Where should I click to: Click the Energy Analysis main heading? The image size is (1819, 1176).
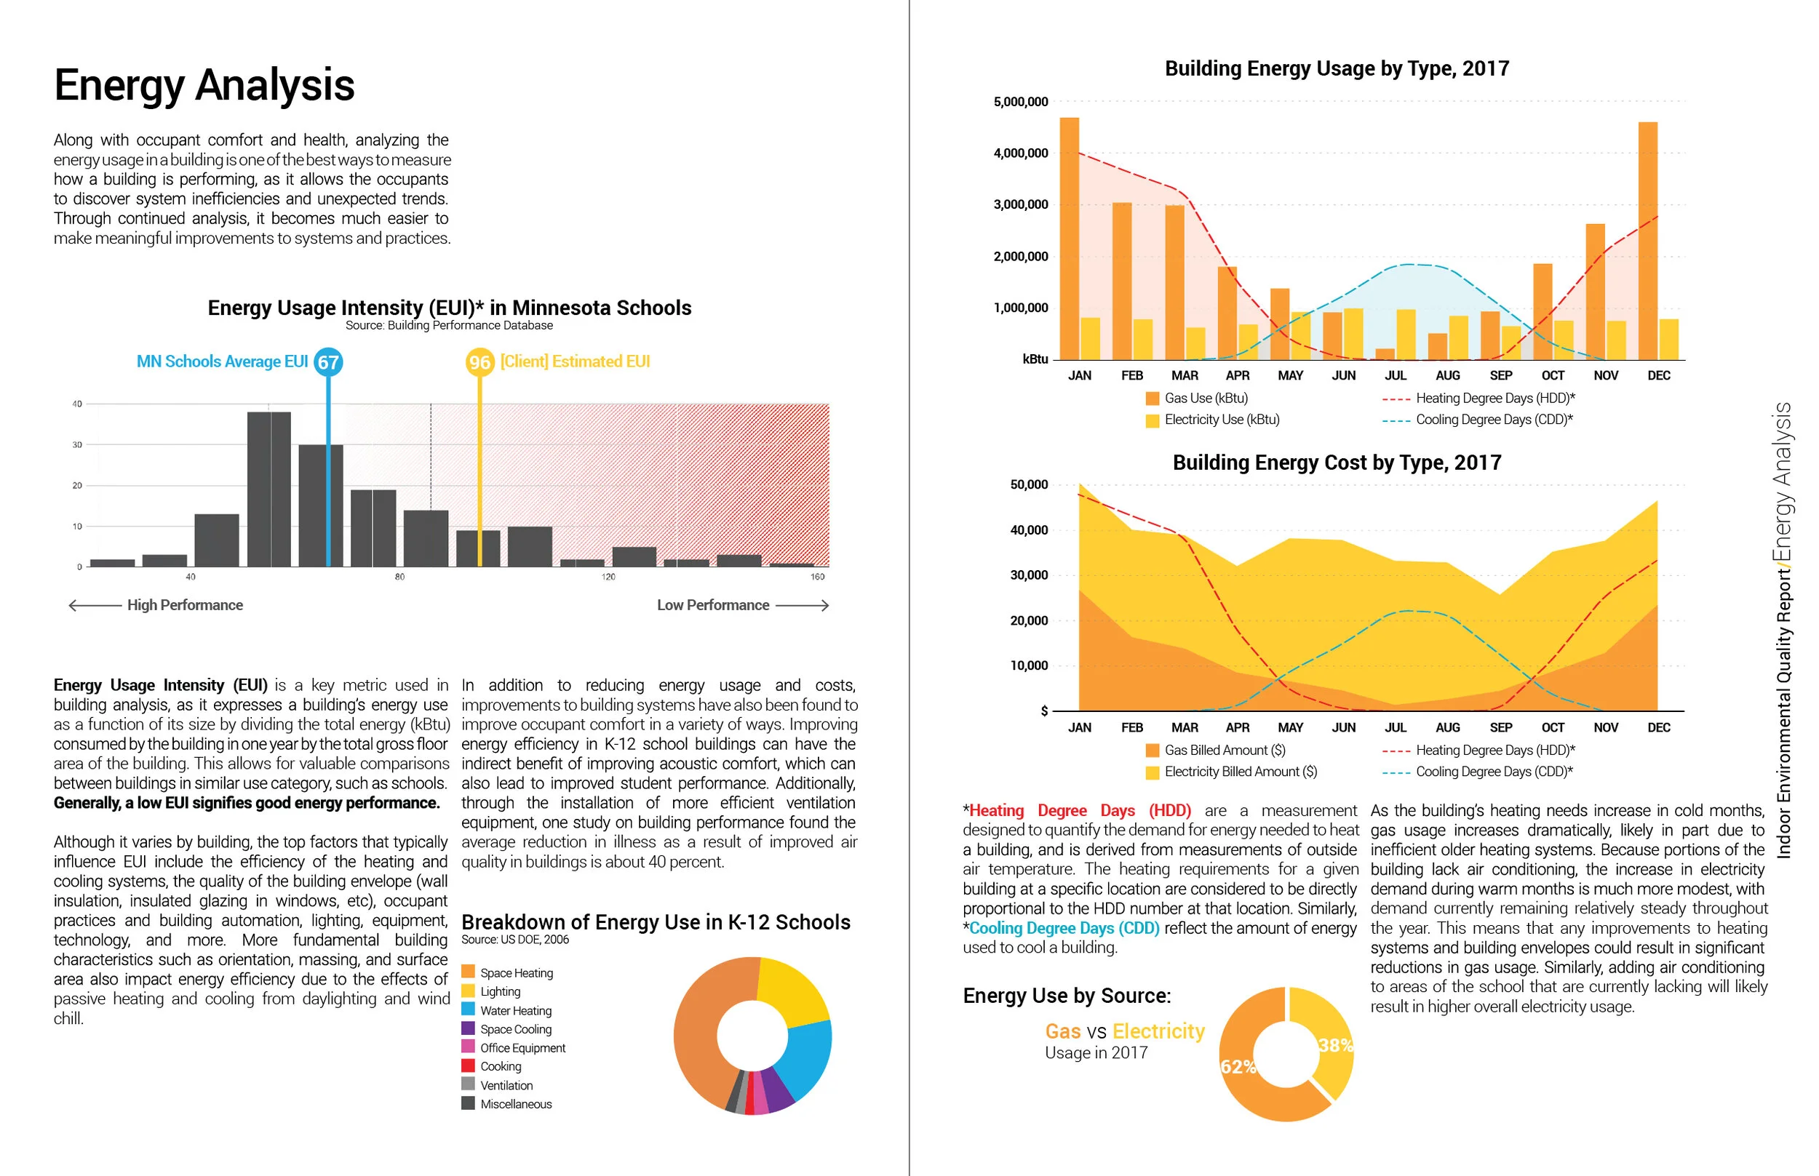point(204,85)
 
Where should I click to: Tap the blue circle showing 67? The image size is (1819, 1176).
point(328,362)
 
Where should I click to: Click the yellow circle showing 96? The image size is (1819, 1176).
point(479,362)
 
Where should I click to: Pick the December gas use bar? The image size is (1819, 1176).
point(1648,241)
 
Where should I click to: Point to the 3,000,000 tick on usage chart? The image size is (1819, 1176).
point(1020,204)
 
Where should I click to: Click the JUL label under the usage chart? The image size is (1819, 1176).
point(1395,376)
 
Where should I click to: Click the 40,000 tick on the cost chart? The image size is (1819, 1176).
point(1028,530)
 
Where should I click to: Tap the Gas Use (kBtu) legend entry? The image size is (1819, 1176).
point(1205,399)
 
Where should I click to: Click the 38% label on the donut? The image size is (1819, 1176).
point(1334,1045)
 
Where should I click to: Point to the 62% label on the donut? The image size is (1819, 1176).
point(1238,1067)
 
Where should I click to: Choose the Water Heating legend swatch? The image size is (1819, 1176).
point(469,1009)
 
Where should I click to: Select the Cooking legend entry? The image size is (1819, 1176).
point(501,1067)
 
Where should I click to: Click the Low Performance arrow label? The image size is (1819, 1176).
point(713,606)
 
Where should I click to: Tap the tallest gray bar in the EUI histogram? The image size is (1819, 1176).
point(269,489)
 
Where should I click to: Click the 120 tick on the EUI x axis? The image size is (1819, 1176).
point(608,577)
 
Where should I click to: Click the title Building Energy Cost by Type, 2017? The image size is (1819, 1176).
point(1336,463)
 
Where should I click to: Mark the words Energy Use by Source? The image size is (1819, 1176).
point(1067,996)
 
